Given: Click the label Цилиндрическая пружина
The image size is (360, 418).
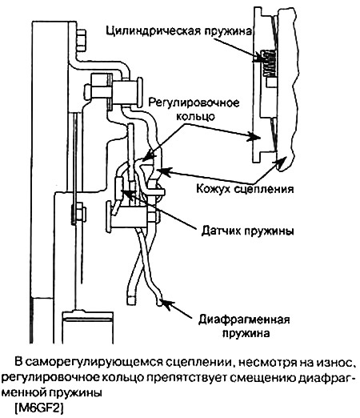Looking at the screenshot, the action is [x=179, y=31].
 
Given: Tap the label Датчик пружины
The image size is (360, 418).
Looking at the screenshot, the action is [x=247, y=231].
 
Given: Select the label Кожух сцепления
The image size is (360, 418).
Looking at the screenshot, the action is [x=245, y=189].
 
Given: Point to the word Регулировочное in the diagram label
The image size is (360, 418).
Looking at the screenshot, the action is [x=194, y=103].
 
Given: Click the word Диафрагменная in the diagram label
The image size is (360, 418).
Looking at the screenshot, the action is [x=244, y=320].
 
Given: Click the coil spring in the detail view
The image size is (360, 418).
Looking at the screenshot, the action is [x=268, y=63].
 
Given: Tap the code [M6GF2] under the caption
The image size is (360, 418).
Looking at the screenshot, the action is [x=39, y=408].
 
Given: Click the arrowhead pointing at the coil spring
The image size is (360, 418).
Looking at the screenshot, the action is [x=258, y=57].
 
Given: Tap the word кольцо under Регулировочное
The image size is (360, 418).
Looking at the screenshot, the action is [x=195, y=116].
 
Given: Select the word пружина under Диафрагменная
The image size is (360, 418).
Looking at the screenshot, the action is [x=246, y=333].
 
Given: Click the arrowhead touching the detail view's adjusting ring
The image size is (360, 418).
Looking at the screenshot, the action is [x=254, y=137].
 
